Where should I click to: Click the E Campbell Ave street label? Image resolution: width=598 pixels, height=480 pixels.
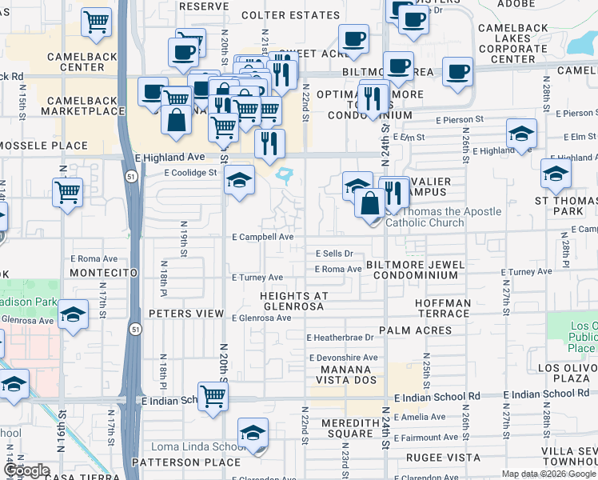pos(263,238)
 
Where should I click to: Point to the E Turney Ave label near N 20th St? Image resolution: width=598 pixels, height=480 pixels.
pos(257,278)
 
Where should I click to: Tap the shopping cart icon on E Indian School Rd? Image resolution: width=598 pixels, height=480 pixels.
pos(213,396)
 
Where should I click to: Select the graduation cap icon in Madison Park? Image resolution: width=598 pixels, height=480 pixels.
pos(73,315)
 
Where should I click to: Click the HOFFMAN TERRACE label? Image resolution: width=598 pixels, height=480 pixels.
pos(443,309)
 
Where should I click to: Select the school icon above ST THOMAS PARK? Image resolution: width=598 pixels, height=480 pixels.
pos(556,173)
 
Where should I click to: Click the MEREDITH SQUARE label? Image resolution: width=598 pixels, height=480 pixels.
pos(349,428)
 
